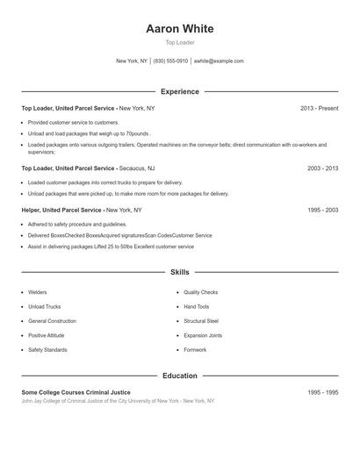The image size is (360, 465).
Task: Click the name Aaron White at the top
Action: [x=180, y=29]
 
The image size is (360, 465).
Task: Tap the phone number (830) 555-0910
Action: [x=170, y=61]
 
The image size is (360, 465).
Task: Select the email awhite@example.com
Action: [x=219, y=61]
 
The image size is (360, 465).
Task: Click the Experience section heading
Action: [x=180, y=91]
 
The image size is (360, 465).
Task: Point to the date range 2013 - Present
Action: [x=319, y=108]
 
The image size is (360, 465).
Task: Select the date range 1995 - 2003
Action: [x=322, y=211]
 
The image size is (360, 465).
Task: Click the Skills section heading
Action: [x=180, y=273]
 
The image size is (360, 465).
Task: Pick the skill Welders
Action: [x=38, y=292]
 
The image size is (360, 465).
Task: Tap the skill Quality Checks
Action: [x=201, y=292]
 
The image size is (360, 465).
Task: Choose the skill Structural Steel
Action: [x=201, y=321]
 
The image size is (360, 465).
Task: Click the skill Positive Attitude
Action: [x=48, y=335]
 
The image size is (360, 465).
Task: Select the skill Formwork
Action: [x=195, y=350]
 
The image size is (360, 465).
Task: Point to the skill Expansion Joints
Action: [x=203, y=335]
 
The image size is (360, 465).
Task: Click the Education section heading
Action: [x=180, y=376]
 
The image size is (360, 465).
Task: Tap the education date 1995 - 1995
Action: [x=322, y=392]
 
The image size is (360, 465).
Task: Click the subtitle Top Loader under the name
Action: [x=180, y=42]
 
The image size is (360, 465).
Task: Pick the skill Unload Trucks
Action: [x=44, y=307]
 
